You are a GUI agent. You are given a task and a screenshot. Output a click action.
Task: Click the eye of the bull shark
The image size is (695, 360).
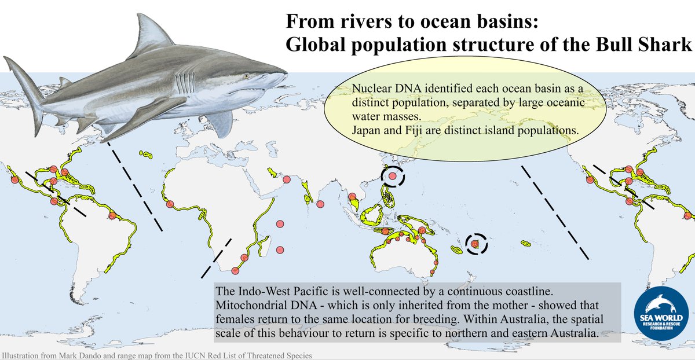(x=248, y=76)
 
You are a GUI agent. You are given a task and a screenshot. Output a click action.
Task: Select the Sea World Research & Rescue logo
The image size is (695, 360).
(x=661, y=316)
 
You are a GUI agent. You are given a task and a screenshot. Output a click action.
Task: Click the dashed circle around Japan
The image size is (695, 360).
(x=393, y=176)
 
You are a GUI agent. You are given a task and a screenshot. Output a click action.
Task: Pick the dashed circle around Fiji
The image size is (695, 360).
(x=475, y=245)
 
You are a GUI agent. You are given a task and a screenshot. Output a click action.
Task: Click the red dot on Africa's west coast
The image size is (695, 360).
(x=170, y=204)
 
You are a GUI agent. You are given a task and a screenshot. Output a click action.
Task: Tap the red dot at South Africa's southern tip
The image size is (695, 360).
(x=235, y=270)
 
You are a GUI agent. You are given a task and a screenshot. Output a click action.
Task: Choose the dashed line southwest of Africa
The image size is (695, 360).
(x=216, y=257)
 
